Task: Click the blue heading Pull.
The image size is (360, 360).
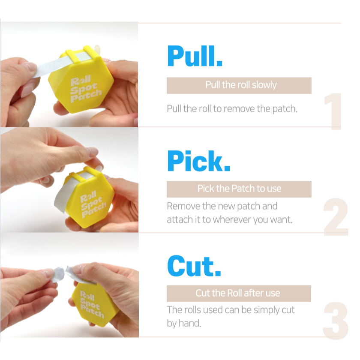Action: [x=195, y=56]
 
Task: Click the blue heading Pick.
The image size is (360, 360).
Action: [x=198, y=161]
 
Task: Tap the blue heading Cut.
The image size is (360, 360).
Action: [x=194, y=266]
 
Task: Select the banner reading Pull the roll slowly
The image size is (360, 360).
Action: [x=239, y=85]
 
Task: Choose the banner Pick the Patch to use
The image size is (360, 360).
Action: [x=239, y=189]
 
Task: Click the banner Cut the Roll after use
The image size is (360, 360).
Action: [x=239, y=293]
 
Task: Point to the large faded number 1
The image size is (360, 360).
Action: [x=333, y=111]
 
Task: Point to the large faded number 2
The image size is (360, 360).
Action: [x=336, y=216]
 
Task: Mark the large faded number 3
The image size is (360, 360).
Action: [x=336, y=321]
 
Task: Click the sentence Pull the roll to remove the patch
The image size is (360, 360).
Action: [x=232, y=108]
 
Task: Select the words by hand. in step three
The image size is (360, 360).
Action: [x=184, y=323]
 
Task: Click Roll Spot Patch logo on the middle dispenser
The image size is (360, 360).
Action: [x=93, y=204]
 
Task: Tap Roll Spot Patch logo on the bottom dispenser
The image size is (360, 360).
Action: [x=92, y=304]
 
